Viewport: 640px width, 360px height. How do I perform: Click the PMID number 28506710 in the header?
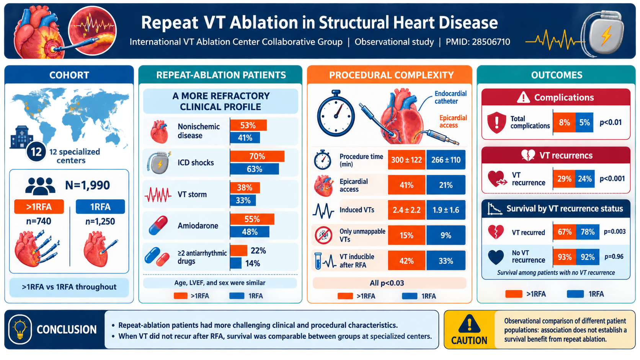491,42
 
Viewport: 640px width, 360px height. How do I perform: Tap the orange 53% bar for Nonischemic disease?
248,125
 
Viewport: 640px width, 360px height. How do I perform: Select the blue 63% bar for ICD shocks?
254,169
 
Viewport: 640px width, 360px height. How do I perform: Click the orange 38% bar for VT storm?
245,187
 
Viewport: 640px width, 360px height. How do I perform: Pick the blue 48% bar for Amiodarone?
250,232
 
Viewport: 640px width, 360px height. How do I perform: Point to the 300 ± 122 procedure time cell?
406,160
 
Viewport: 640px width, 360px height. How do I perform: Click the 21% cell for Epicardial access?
446,185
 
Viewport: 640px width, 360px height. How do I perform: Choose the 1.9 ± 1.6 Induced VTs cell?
446,210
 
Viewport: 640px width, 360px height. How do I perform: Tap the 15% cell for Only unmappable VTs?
406,235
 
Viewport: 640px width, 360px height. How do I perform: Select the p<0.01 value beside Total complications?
611,122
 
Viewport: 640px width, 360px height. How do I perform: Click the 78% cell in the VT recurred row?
588,232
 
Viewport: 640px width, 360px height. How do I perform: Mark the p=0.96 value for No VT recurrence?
614,256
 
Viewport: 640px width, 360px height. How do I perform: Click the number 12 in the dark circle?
36,151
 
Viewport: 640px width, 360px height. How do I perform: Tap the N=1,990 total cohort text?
87,185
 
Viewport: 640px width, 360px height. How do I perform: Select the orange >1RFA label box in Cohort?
39,207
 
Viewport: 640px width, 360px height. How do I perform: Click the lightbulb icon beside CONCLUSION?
20,329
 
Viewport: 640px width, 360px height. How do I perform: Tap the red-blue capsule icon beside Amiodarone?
158,225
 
